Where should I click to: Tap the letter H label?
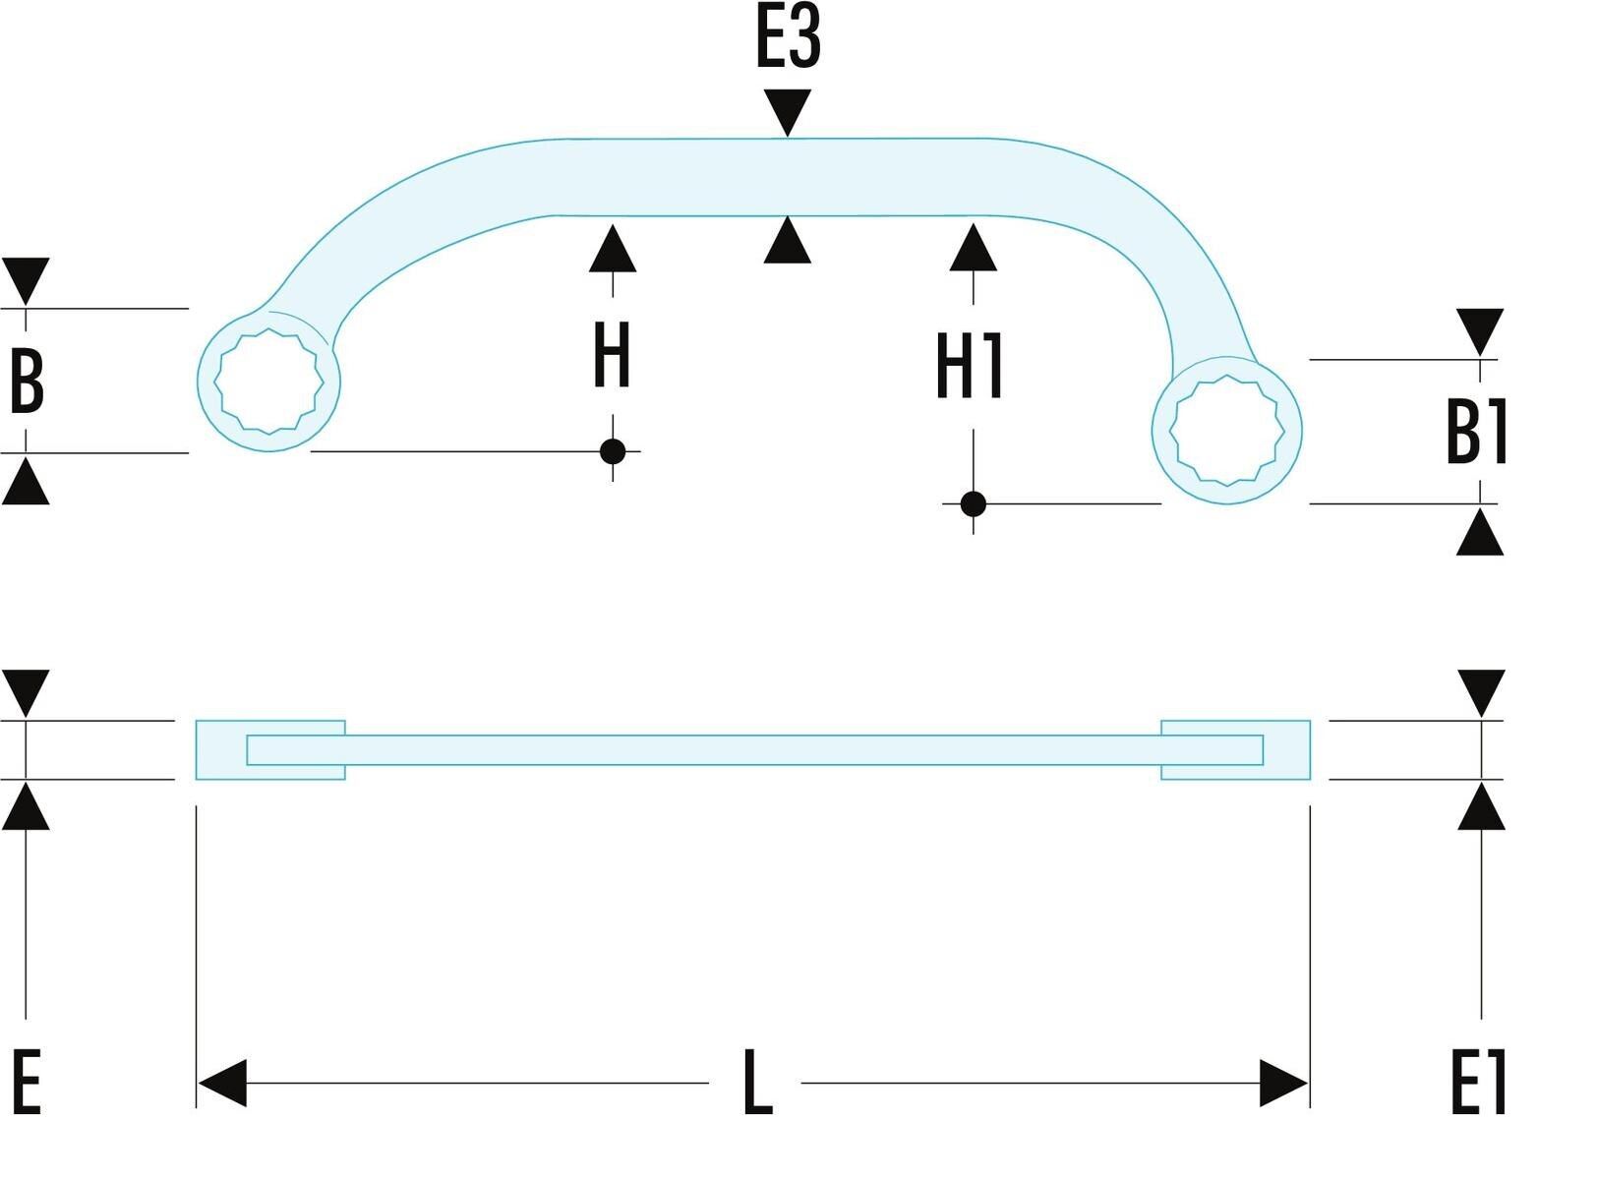(x=612, y=354)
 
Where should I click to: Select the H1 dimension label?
(x=969, y=365)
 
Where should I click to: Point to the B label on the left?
(x=27, y=382)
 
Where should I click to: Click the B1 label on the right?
(x=1476, y=432)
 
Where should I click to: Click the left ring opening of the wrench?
(x=268, y=382)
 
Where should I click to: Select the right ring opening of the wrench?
(x=1227, y=431)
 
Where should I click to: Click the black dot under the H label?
(x=613, y=451)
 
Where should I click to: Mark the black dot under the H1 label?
(x=974, y=504)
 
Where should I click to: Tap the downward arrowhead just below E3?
(x=788, y=112)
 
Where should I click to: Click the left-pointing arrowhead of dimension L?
(x=222, y=1083)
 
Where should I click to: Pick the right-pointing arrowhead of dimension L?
(x=1283, y=1083)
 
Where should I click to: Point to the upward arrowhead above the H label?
(x=613, y=249)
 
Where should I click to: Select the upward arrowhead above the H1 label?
(x=974, y=247)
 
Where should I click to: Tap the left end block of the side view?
(x=270, y=749)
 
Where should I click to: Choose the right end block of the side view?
(x=1235, y=749)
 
